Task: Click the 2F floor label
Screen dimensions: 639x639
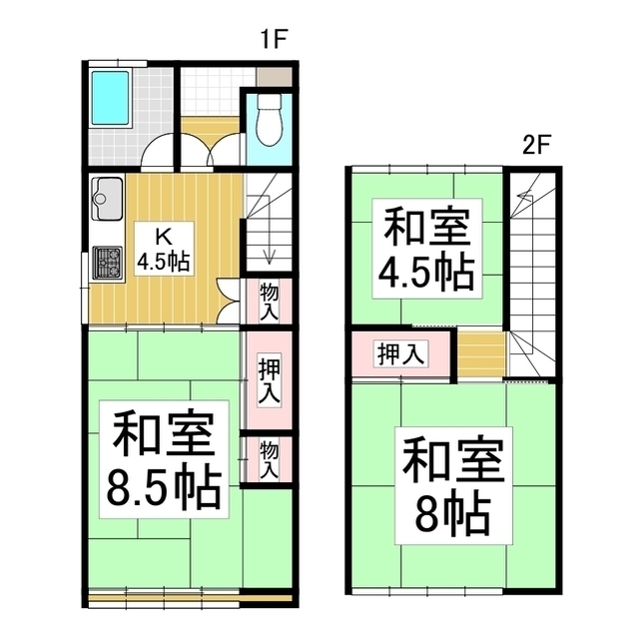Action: [x=536, y=145]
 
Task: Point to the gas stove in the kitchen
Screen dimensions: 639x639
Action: [x=106, y=264]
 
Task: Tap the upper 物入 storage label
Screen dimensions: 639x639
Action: [x=269, y=301]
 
